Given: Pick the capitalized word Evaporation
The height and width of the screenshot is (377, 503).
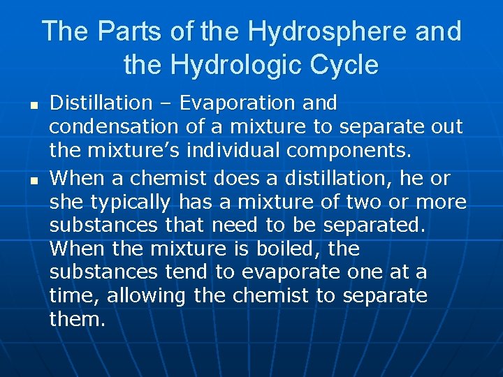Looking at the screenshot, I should (238, 104).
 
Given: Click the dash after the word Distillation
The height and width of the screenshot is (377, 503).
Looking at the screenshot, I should (165, 104).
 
